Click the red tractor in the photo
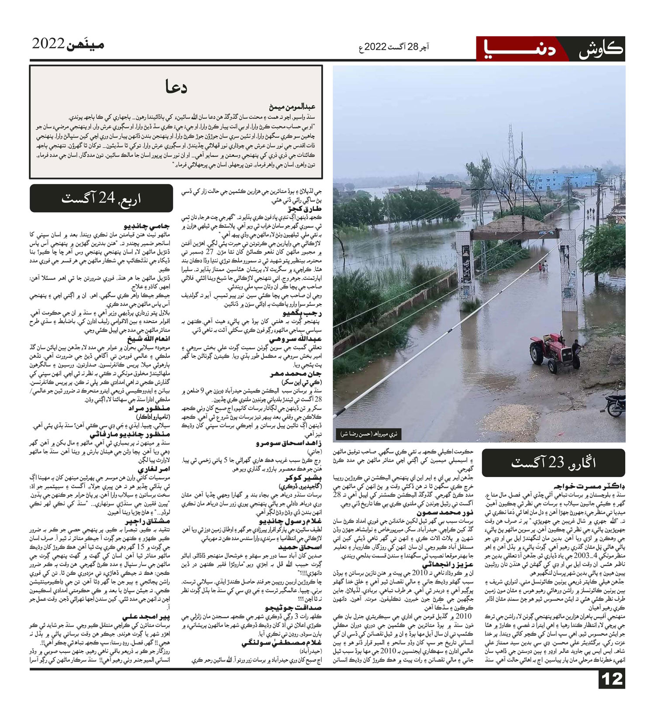tap(551, 352)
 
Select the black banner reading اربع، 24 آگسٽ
tap(101, 199)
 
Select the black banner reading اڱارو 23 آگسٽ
tap(553, 463)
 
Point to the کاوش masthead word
tap(600, 49)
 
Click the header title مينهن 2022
tap(68, 45)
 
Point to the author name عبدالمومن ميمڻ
tap(293, 107)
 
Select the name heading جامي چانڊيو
tap(147, 227)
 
